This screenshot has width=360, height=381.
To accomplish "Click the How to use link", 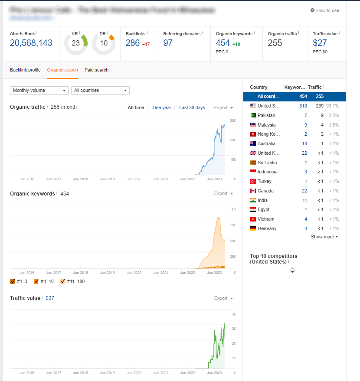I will pos(325,10).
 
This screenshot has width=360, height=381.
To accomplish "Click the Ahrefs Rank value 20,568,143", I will pos(31,43).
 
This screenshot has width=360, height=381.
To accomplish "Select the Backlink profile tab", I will pos(25,70).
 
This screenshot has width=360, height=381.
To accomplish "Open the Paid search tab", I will pos(96,70).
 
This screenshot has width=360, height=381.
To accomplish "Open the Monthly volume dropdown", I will pos(39,90).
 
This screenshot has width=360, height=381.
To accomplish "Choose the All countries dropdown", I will pos(100,90).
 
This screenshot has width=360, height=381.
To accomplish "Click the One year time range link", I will pos(162,107).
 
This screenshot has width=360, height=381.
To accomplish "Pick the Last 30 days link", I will pos(192,107).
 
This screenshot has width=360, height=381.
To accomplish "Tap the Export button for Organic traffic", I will pos(223,107).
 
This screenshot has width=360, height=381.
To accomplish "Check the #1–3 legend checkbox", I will pos(13,282).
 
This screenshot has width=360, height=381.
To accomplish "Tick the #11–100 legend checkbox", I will pos(63,282).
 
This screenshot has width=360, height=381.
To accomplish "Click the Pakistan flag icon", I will pos(253,115).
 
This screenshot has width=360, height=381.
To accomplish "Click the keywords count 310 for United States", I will pos(303,106).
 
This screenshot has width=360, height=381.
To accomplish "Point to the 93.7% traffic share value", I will pos(333,106).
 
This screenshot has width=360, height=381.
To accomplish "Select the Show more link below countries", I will pos(324,237).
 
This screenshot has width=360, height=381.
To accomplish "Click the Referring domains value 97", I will pos(168,43).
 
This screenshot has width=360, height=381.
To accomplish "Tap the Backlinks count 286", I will pos(133,43).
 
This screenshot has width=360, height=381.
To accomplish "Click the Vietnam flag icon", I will pos(253,219).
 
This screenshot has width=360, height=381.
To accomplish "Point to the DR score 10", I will pos(104,43).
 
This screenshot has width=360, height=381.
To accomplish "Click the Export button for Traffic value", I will pos(223,298).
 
